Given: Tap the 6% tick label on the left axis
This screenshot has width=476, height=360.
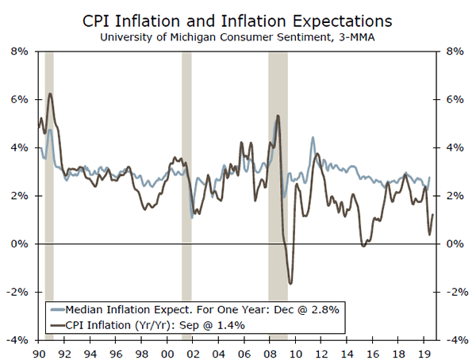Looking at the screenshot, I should pyautogui.click(x=19, y=100).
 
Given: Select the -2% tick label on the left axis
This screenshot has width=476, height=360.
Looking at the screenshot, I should pyautogui.click(x=17, y=292).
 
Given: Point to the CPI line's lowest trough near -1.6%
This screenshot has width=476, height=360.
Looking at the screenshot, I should pyautogui.click(x=291, y=283).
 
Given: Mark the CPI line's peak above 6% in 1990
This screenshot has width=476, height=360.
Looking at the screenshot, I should pyautogui.click(x=50, y=94).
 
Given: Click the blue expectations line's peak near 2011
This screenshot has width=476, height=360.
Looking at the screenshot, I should pyautogui.click(x=313, y=138).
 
